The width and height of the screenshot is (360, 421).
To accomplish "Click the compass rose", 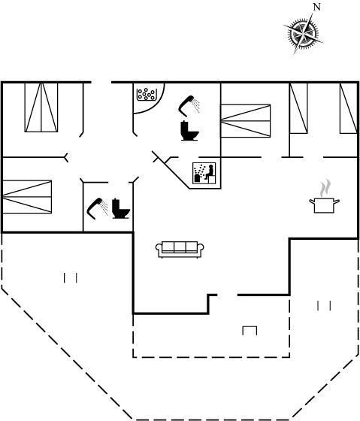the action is pos(304,34).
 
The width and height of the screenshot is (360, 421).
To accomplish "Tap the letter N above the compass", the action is pos(317,8).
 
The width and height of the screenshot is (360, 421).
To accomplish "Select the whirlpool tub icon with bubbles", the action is pos(146,95).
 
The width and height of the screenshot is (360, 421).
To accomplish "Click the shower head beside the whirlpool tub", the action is pos(189,105).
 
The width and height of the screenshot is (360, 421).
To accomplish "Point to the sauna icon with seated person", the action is pos(204,173).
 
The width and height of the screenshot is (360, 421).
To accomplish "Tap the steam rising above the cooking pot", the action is pos(325,187).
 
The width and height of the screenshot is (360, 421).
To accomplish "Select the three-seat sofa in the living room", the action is pos(180,250).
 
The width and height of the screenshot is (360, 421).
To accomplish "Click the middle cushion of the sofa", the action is pos(180,247).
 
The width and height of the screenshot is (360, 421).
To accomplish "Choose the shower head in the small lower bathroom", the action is pos(97,208).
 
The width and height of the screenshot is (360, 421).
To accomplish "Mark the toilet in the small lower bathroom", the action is pos(121,208).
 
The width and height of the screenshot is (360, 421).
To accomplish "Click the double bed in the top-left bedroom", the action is pos(41,108).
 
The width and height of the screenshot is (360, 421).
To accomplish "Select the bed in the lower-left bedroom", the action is pos(27,197).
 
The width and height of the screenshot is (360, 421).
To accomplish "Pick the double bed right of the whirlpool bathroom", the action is pos(245,121).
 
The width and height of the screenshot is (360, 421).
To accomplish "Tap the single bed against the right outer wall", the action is pos(349,108).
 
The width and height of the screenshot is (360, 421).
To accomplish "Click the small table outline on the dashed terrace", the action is pos(250,330).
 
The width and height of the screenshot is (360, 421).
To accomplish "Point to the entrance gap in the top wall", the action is pos(101,82).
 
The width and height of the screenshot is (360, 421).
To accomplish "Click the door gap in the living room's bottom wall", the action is pos(228,295).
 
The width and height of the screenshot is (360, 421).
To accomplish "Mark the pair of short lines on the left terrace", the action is pos(71,278).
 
